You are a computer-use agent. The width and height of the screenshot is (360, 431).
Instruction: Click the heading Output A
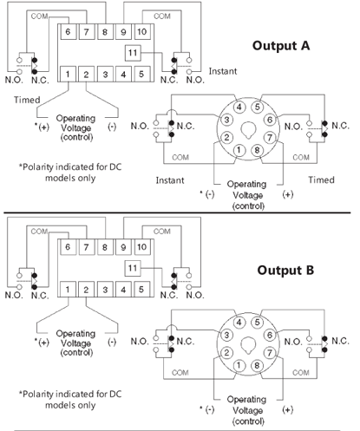pyautogui.click(x=281, y=46)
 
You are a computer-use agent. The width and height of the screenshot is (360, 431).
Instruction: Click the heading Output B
pyautogui.click(x=285, y=270)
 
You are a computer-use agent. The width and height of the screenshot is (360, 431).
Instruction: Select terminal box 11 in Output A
pyautogui.click(x=133, y=53)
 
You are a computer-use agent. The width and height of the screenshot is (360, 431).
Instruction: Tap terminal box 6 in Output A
pyautogui.click(x=68, y=31)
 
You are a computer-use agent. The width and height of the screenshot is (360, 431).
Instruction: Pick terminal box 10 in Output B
pyautogui.click(x=141, y=247)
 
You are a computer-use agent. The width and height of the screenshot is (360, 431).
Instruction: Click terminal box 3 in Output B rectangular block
pyautogui.click(x=105, y=290)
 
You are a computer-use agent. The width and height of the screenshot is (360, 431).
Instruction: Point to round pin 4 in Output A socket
pyautogui.click(x=239, y=107)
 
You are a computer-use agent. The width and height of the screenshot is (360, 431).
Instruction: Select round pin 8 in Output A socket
pyautogui.click(x=257, y=150)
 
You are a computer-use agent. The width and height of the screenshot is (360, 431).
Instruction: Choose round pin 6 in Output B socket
pyautogui.click(x=270, y=335)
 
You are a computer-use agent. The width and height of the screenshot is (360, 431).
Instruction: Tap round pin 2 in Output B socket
pyautogui.click(x=226, y=353)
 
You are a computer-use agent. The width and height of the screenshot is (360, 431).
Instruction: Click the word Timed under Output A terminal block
pyautogui.click(x=27, y=100)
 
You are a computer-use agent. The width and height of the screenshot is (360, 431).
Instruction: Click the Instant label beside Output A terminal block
pyautogui.click(x=223, y=71)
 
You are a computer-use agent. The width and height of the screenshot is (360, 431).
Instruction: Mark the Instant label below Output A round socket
pyautogui.click(x=170, y=180)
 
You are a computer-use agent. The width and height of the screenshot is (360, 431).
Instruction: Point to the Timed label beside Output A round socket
pyautogui.click(x=321, y=180)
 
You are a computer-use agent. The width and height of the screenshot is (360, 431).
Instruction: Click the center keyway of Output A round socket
pyautogui.click(x=248, y=130)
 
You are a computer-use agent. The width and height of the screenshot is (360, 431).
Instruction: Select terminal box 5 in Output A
pyautogui.click(x=141, y=75)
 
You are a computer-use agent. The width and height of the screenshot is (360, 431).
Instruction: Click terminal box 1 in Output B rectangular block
pyautogui.click(x=68, y=290)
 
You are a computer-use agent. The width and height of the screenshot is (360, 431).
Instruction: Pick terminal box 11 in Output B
pyautogui.click(x=133, y=268)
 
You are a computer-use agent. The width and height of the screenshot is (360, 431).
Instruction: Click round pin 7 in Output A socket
pyautogui.click(x=270, y=138)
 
